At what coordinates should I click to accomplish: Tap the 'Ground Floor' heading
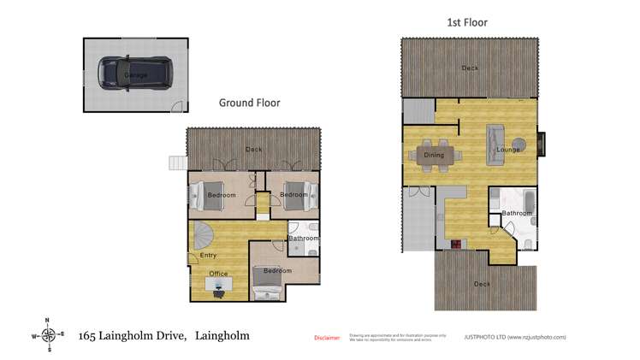coord(249,103)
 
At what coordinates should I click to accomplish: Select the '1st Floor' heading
coord(467,22)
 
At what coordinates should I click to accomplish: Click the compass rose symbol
coord(49,335)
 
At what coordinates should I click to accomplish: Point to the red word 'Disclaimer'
coord(327,338)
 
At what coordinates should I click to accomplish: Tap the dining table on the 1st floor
coord(435,155)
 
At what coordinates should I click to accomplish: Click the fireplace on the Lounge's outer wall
coord(541,143)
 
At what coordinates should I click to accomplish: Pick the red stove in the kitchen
coord(456,244)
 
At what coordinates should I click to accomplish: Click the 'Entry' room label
coord(208,255)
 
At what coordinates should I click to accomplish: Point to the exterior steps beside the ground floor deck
coord(177,162)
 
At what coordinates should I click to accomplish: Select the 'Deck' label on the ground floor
coord(253,150)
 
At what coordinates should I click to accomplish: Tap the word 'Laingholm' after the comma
coord(222,335)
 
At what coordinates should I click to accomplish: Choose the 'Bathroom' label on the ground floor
coord(303,239)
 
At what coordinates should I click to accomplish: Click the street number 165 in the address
coord(86,335)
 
